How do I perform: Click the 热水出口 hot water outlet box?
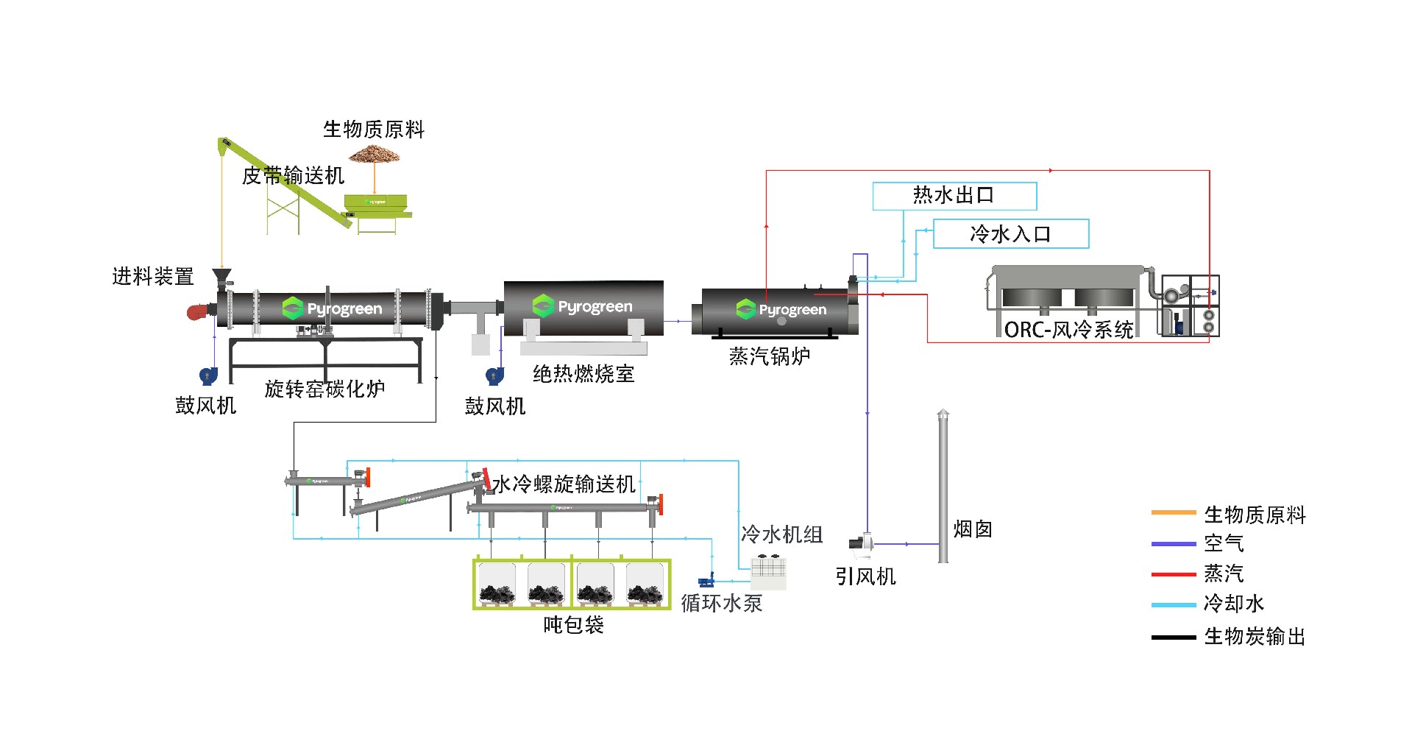pos(954,196)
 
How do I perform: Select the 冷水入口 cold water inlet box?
pos(1010,234)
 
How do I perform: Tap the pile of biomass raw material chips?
pos(374,154)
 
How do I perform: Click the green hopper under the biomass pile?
pos(375,203)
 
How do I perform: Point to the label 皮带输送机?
pos(293,175)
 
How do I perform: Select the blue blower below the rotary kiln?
pos(208,375)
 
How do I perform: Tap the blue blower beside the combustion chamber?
pos(494,376)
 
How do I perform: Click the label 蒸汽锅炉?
pos(769,356)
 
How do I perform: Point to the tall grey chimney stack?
pos(943,486)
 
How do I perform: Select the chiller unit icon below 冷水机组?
pos(768,571)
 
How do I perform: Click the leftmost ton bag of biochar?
pos(497,585)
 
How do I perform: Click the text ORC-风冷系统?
pos(1068,330)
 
